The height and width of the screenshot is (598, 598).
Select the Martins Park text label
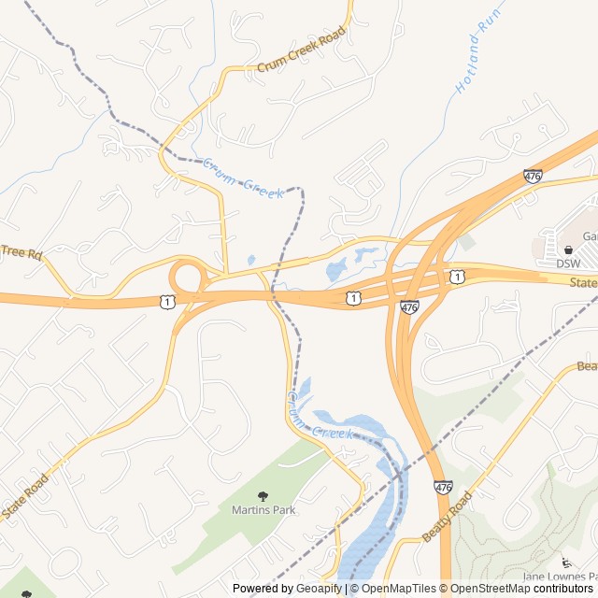(263, 510)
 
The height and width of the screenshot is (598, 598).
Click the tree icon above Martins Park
(263, 495)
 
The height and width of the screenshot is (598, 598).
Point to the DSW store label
(568, 263)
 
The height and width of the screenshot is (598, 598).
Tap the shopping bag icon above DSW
(568, 249)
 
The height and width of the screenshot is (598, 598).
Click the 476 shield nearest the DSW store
(533, 176)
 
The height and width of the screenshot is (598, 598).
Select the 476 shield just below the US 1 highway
(409, 306)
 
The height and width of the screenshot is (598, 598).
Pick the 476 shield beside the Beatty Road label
(443, 487)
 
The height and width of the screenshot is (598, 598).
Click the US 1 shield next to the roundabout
(166, 301)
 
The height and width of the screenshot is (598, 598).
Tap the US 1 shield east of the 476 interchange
(456, 277)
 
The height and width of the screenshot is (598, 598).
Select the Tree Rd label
(21, 252)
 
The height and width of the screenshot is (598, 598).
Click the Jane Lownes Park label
(559, 576)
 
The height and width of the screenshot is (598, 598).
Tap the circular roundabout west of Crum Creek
(187, 278)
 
